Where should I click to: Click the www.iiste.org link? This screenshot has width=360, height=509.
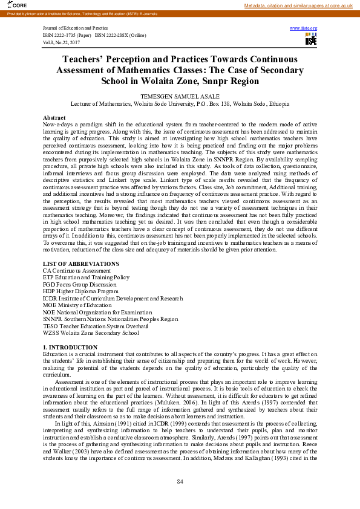tap(304, 28)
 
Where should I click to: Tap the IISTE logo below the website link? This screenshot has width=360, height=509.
tap(311, 39)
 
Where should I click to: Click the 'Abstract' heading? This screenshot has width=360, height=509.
tap(54, 117)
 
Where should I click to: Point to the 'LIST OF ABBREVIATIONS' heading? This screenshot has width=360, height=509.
tap(81, 264)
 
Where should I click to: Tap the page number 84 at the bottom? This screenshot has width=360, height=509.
tap(180, 481)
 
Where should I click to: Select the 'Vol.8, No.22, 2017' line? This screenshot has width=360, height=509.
tap(62, 42)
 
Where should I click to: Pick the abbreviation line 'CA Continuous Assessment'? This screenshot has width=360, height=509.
tap(76, 271)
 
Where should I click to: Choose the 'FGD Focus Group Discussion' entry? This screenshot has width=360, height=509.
tap(79, 284)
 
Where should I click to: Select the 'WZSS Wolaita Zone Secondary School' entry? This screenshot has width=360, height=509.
tap(91, 332)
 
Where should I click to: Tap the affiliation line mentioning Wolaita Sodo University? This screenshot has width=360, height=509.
tap(180, 104)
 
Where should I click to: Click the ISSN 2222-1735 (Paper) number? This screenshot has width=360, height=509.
tap(67, 36)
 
